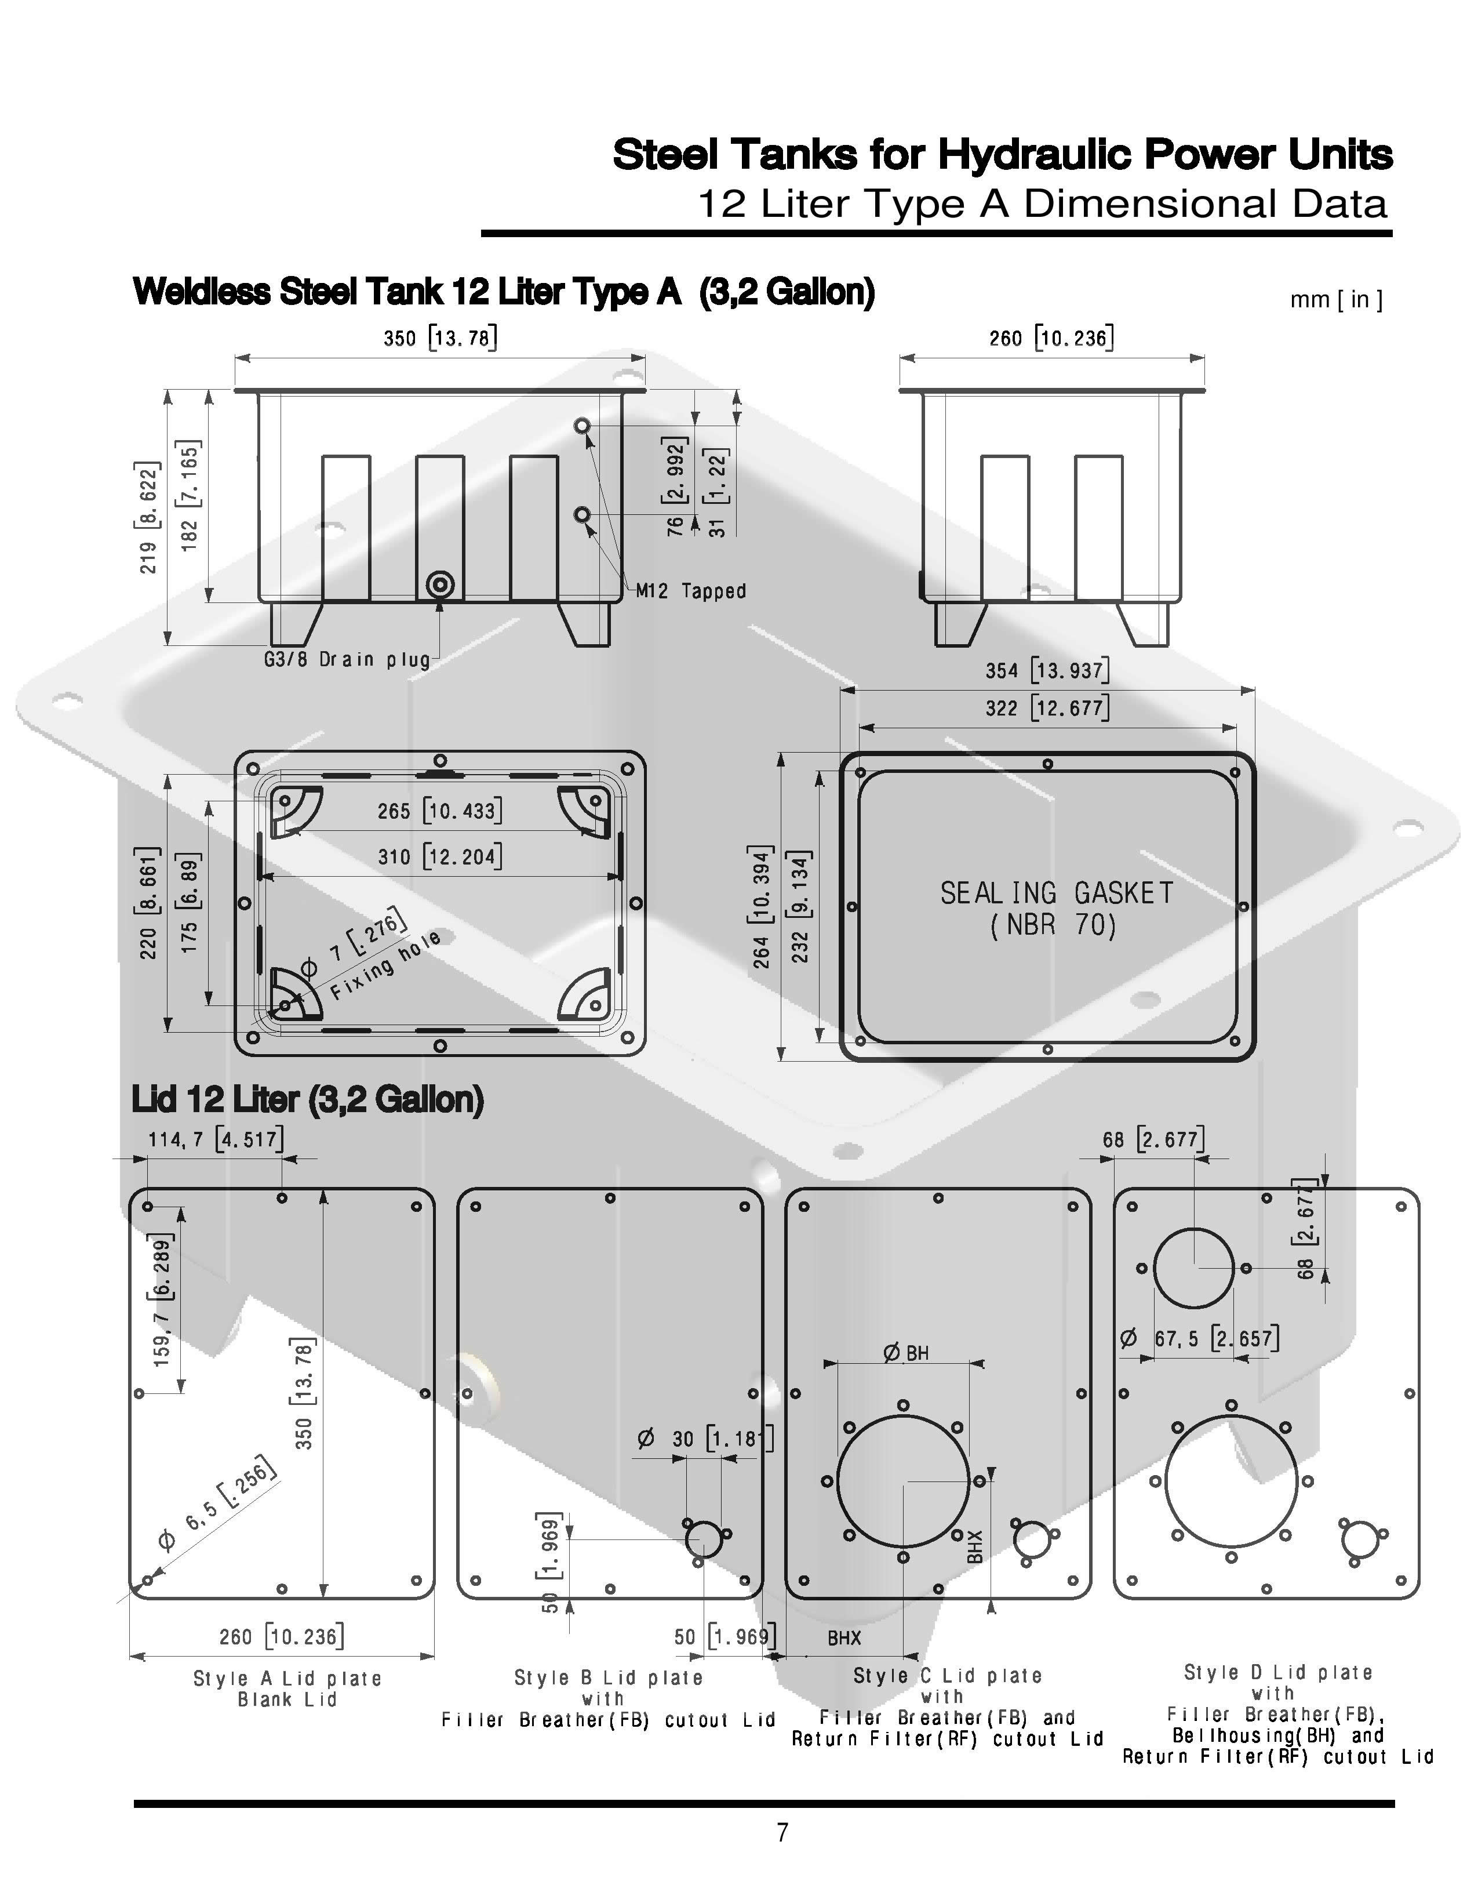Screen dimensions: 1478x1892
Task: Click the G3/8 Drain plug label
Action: [347, 660]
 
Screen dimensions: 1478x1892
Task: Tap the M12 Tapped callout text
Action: [691, 591]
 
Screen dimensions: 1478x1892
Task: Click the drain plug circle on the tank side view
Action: [440, 584]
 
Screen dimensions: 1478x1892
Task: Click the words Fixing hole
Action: [386, 964]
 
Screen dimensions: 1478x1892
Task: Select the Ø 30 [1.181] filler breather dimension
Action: [704, 1439]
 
